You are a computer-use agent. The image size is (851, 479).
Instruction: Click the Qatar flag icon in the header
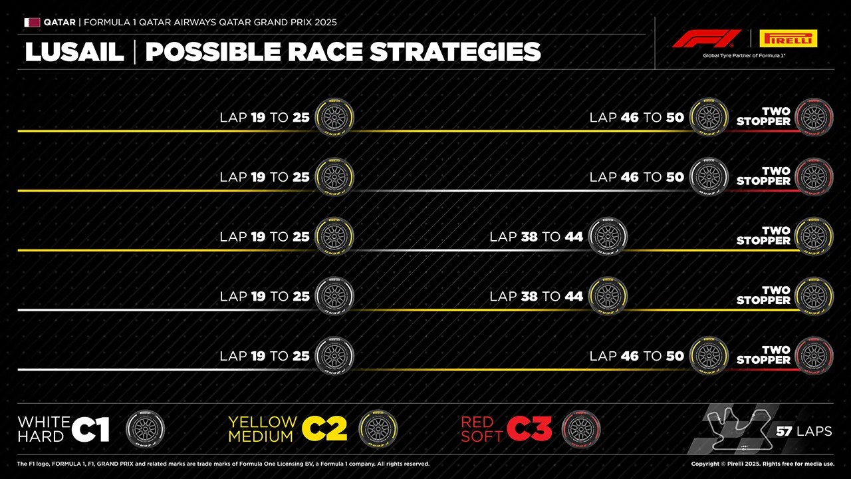tap(32, 22)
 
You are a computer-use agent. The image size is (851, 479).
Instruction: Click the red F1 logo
tap(706, 39)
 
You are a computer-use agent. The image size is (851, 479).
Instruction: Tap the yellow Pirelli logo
tap(788, 39)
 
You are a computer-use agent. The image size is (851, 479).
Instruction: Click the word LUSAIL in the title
tap(74, 53)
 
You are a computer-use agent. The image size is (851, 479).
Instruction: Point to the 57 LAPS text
tap(804, 431)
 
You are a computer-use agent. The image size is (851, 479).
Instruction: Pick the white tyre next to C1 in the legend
tap(145, 429)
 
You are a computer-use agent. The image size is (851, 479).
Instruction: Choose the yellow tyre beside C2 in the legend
tap(378, 429)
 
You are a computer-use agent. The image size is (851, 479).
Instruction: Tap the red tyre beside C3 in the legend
tap(580, 429)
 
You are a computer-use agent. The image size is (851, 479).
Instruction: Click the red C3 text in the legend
tap(529, 430)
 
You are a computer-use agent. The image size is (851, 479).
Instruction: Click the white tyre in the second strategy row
tap(709, 177)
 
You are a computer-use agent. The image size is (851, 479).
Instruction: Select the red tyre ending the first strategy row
tap(814, 118)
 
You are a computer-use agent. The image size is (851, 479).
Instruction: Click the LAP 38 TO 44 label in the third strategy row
tap(536, 237)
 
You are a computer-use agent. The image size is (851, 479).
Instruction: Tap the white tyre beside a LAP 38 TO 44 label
tap(608, 237)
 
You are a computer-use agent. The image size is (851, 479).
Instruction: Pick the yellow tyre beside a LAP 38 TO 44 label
tap(608, 296)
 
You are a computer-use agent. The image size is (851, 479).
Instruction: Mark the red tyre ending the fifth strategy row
tap(814, 356)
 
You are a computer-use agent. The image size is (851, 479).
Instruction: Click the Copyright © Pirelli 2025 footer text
tap(763, 464)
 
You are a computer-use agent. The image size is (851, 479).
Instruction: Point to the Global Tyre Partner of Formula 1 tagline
tap(744, 56)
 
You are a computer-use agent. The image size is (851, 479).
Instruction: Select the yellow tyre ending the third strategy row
tap(814, 237)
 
